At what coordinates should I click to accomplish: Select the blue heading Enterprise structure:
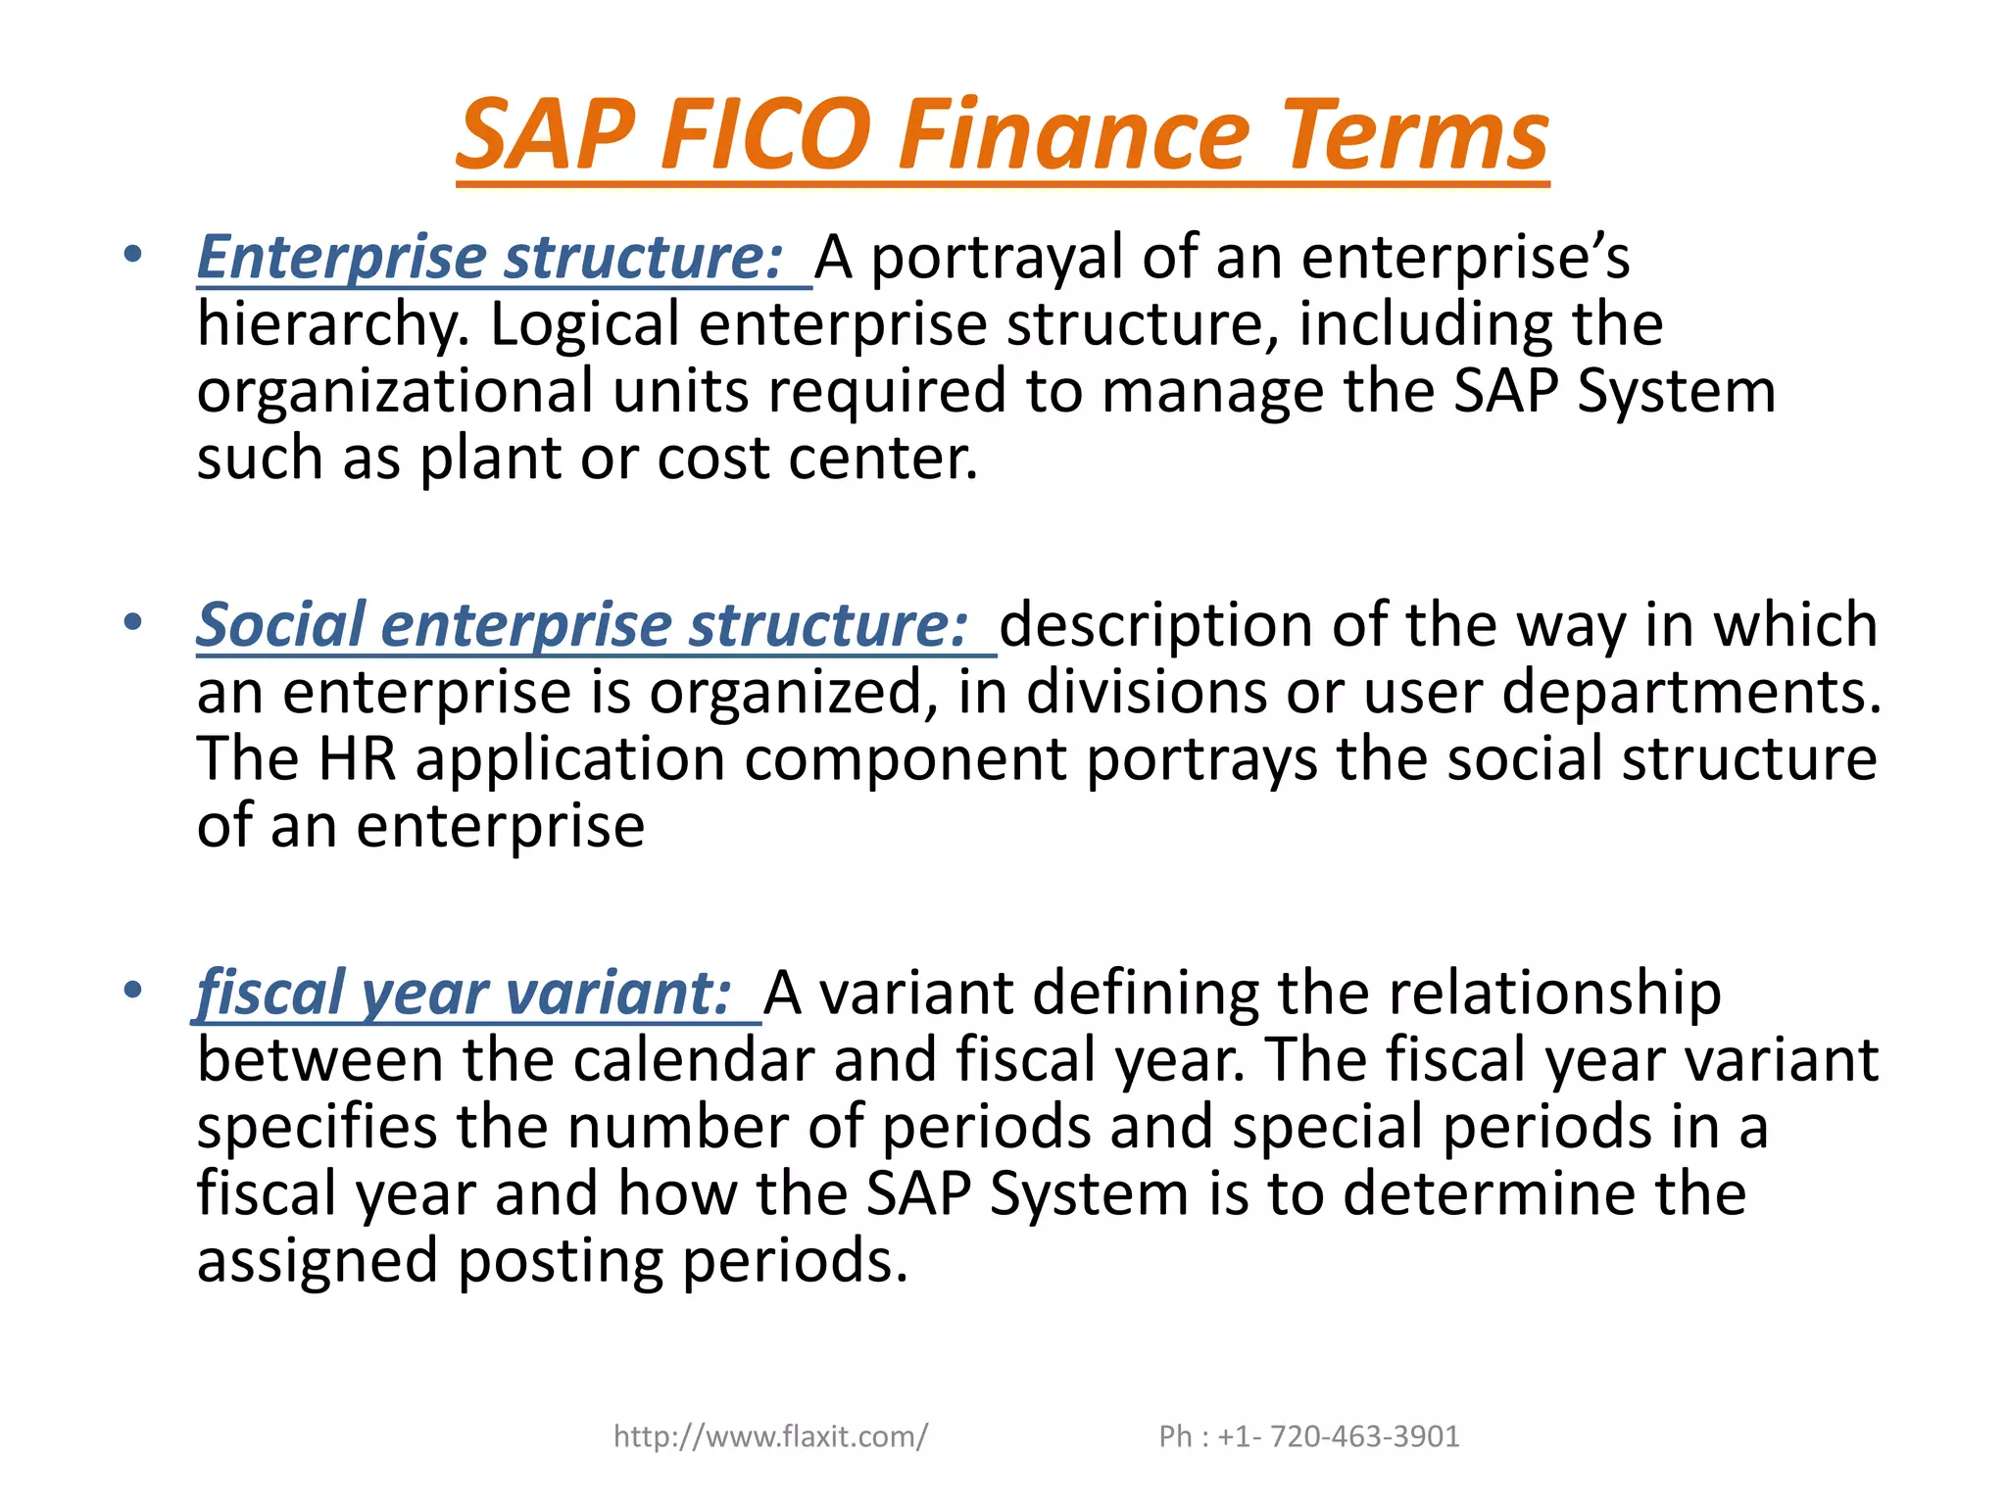[x=490, y=258]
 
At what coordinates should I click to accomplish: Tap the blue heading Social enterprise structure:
[x=583, y=625]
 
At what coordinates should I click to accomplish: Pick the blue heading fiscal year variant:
[x=464, y=994]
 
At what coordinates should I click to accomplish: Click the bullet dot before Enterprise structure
[x=133, y=255]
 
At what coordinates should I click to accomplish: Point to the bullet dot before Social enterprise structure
[x=133, y=622]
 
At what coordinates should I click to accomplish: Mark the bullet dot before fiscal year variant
[x=133, y=990]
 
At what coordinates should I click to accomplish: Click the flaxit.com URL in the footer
[x=770, y=1436]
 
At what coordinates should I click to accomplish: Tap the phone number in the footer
[x=1309, y=1436]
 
